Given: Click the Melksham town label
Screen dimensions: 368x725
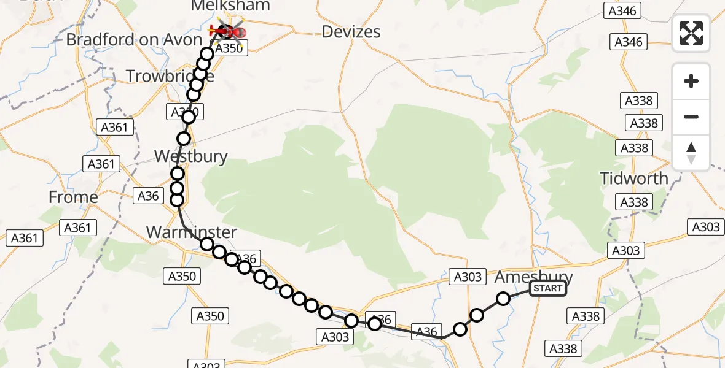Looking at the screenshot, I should pyautogui.click(x=230, y=6).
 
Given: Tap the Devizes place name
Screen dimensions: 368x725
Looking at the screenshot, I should pyautogui.click(x=351, y=32).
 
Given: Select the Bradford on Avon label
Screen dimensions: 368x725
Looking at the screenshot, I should pyautogui.click(x=134, y=40).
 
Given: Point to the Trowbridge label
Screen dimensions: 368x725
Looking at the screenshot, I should pyautogui.click(x=170, y=77).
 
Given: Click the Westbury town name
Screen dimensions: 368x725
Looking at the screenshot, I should pyautogui.click(x=191, y=156).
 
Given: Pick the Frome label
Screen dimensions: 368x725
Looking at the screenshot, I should pyautogui.click(x=74, y=197).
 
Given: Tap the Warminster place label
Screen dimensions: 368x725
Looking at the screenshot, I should pyautogui.click(x=192, y=232).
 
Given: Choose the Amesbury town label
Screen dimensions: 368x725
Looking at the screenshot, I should pyautogui.click(x=534, y=277).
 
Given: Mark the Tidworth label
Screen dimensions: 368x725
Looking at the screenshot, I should pyautogui.click(x=634, y=179).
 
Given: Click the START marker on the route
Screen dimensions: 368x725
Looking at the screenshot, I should pyautogui.click(x=548, y=288).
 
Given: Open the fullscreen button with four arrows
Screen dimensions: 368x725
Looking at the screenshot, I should pyautogui.click(x=691, y=33).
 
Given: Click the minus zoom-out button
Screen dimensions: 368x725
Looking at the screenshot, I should pyautogui.click(x=691, y=117).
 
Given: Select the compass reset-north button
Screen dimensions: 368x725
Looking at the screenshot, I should pyautogui.click(x=691, y=152).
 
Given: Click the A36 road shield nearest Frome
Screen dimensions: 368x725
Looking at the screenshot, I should pyautogui.click(x=149, y=196).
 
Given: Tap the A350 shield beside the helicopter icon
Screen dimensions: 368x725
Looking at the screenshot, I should pyautogui.click(x=231, y=49).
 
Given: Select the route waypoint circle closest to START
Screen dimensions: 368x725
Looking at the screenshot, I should pyautogui.click(x=503, y=299).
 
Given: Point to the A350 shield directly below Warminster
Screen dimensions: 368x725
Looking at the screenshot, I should pyautogui.click(x=182, y=276).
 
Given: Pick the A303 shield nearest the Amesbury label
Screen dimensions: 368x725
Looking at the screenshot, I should pyautogui.click(x=468, y=277).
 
